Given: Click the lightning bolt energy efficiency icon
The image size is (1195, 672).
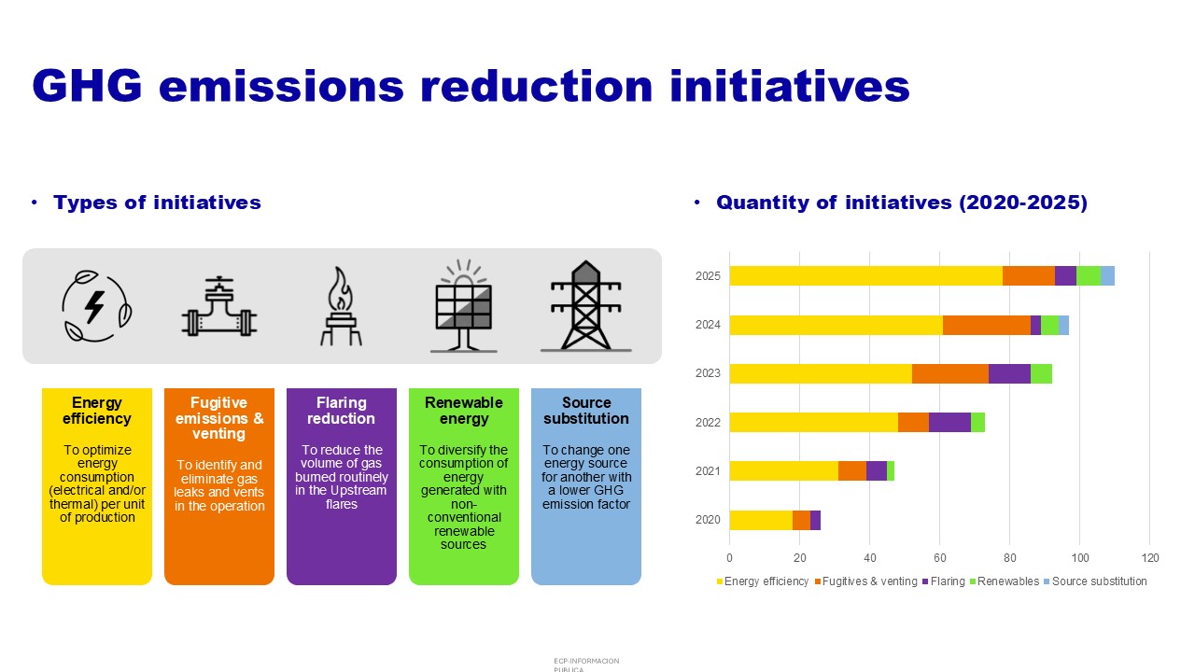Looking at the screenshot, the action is coord(96,306).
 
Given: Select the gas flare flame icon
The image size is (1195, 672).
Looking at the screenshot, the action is coord(341,306).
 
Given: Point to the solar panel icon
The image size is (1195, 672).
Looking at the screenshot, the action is coord(464,306).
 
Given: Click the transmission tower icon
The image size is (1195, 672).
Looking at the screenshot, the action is coord(585,306).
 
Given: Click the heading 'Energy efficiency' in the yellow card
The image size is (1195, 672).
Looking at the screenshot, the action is coord(96,410).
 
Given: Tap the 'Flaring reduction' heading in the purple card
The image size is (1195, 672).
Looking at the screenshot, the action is coord(341,410).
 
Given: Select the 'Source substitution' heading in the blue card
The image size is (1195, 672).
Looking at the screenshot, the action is coord(585,410).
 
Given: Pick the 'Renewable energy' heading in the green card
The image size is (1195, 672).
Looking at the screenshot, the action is coord(464,410).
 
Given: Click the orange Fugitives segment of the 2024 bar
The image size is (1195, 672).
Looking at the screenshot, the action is coord(987,326).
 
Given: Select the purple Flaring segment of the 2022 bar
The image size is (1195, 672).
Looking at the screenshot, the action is coord(949,423).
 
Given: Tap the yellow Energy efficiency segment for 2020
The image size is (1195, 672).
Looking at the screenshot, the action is coord(761,520).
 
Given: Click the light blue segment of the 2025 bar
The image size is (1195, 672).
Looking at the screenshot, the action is coord(1107,275).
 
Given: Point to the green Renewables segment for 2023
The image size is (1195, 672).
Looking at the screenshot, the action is coord(1041,373).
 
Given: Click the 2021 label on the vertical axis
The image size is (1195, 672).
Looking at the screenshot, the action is coord(708,471).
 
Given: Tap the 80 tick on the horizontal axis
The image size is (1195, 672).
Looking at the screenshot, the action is coord(1009,558).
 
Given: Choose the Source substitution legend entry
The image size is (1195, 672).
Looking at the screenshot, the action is coord(1095,581).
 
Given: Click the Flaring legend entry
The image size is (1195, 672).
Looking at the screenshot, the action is coord(943,581).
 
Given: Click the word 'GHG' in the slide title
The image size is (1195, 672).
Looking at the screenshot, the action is coord(87,85).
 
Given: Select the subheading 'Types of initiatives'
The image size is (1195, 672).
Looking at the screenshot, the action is coord(157,203).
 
